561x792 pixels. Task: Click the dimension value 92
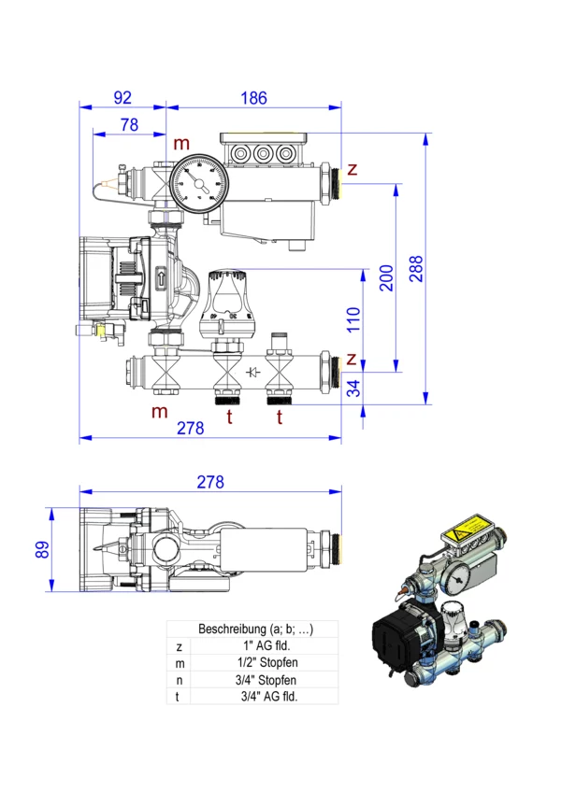coord(122,96)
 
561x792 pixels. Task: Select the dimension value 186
coord(253,96)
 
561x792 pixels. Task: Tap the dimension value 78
coord(129,124)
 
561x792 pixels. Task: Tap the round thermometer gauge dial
coord(196,182)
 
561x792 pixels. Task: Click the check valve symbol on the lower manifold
coord(252,374)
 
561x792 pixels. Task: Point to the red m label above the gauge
coord(180,143)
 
